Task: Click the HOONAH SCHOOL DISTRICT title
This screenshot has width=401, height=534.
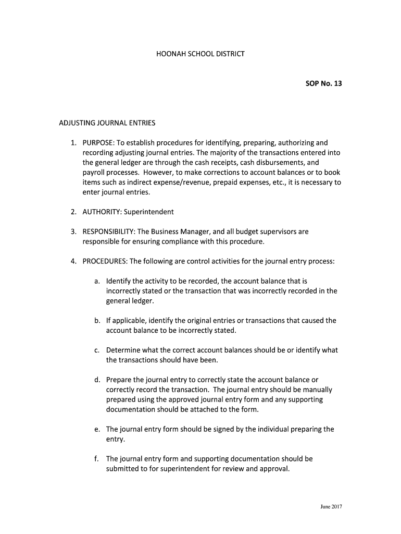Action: (200, 54)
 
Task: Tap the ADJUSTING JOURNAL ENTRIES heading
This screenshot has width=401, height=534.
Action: (107, 124)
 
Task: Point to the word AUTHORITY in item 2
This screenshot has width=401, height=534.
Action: (102, 212)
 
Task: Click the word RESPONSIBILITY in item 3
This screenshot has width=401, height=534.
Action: (109, 232)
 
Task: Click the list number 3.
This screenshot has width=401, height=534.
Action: (74, 232)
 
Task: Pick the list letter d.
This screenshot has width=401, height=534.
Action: (97, 380)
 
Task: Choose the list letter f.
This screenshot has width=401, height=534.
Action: (97, 459)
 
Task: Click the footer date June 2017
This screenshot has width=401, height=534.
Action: (331, 506)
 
